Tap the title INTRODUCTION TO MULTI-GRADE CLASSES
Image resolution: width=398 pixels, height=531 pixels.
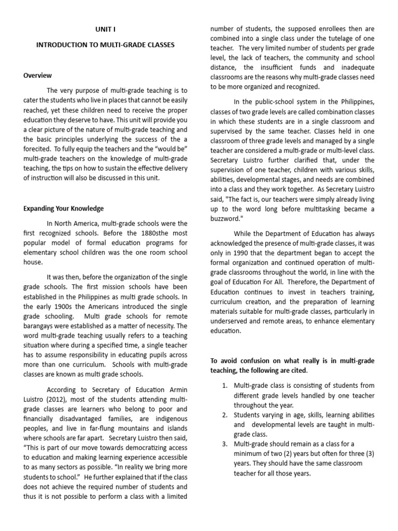pos(105,45)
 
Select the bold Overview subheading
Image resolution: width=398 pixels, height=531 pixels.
pos(38,76)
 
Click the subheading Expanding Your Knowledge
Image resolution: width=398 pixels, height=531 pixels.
pos(64,208)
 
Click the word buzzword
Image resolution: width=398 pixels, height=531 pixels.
pos(227,219)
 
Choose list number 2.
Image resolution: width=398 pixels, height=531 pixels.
pos(224,415)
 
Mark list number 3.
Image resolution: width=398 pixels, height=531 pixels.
pos(224,443)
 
